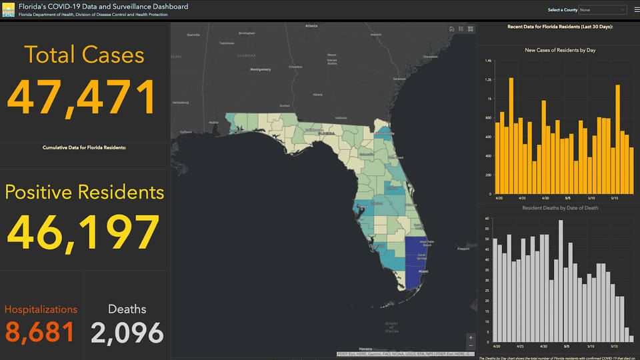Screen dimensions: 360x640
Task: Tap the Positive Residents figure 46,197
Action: point(83,231)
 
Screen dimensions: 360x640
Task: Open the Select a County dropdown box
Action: point(603,10)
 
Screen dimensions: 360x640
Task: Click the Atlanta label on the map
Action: point(311,26)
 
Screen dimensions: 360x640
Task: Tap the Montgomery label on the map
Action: point(260,69)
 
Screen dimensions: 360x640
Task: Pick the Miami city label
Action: point(423,271)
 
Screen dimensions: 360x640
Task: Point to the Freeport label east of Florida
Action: point(463,249)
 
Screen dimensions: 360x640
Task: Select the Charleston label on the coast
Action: point(430,57)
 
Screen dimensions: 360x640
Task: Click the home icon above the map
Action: point(451,29)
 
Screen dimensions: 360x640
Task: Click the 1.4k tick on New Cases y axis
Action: point(488,61)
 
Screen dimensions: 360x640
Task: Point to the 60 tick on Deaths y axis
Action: point(487,218)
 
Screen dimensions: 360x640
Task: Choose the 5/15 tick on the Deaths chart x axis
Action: point(614,347)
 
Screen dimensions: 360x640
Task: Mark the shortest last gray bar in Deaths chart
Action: point(631,339)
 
